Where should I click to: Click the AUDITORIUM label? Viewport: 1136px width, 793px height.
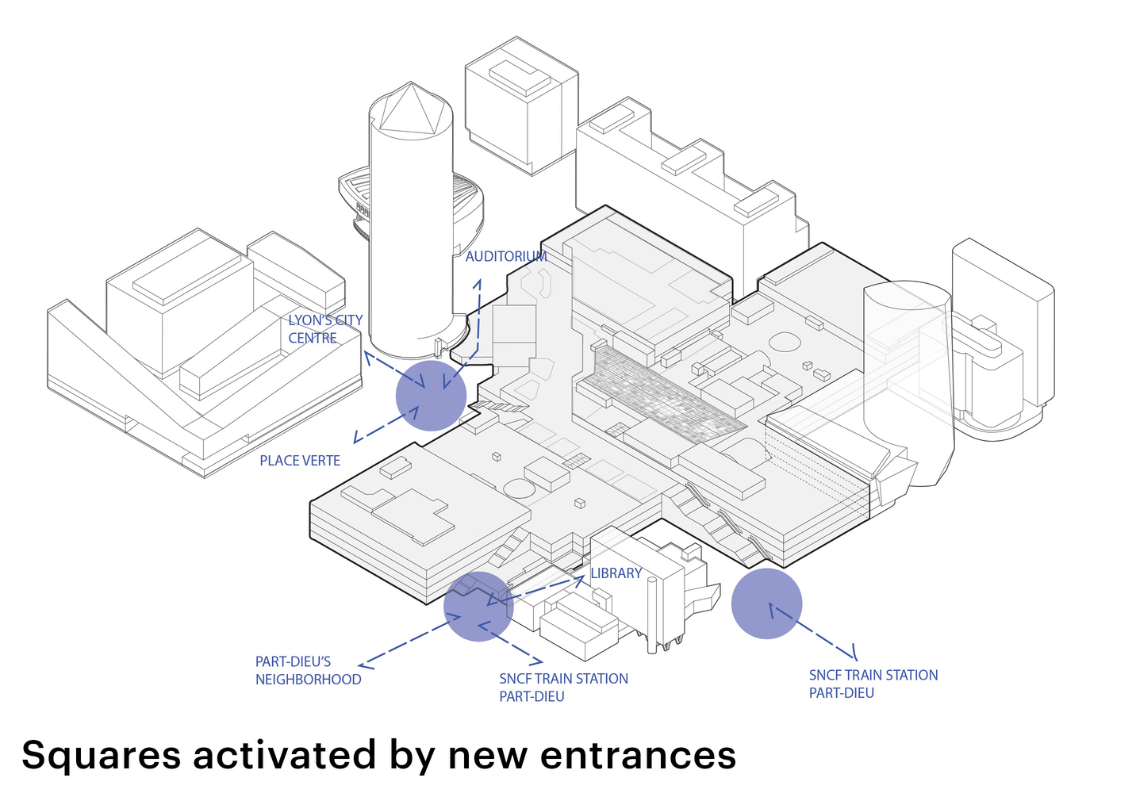point(506,256)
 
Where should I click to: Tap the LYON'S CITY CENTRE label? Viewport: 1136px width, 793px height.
point(325,329)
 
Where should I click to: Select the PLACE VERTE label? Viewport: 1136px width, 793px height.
point(300,461)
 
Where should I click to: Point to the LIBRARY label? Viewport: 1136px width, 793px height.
point(616,573)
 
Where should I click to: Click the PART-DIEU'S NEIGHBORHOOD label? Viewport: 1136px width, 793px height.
point(308,671)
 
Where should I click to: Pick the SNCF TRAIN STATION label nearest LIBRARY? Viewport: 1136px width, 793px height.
point(563,688)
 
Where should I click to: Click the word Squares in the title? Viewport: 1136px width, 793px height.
point(101,755)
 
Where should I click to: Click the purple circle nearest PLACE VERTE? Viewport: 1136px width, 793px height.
point(431,396)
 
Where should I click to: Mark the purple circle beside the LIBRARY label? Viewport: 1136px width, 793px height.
point(478,606)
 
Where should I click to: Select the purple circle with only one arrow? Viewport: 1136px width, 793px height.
point(766,603)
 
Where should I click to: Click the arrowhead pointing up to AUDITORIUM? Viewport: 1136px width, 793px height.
point(478,282)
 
